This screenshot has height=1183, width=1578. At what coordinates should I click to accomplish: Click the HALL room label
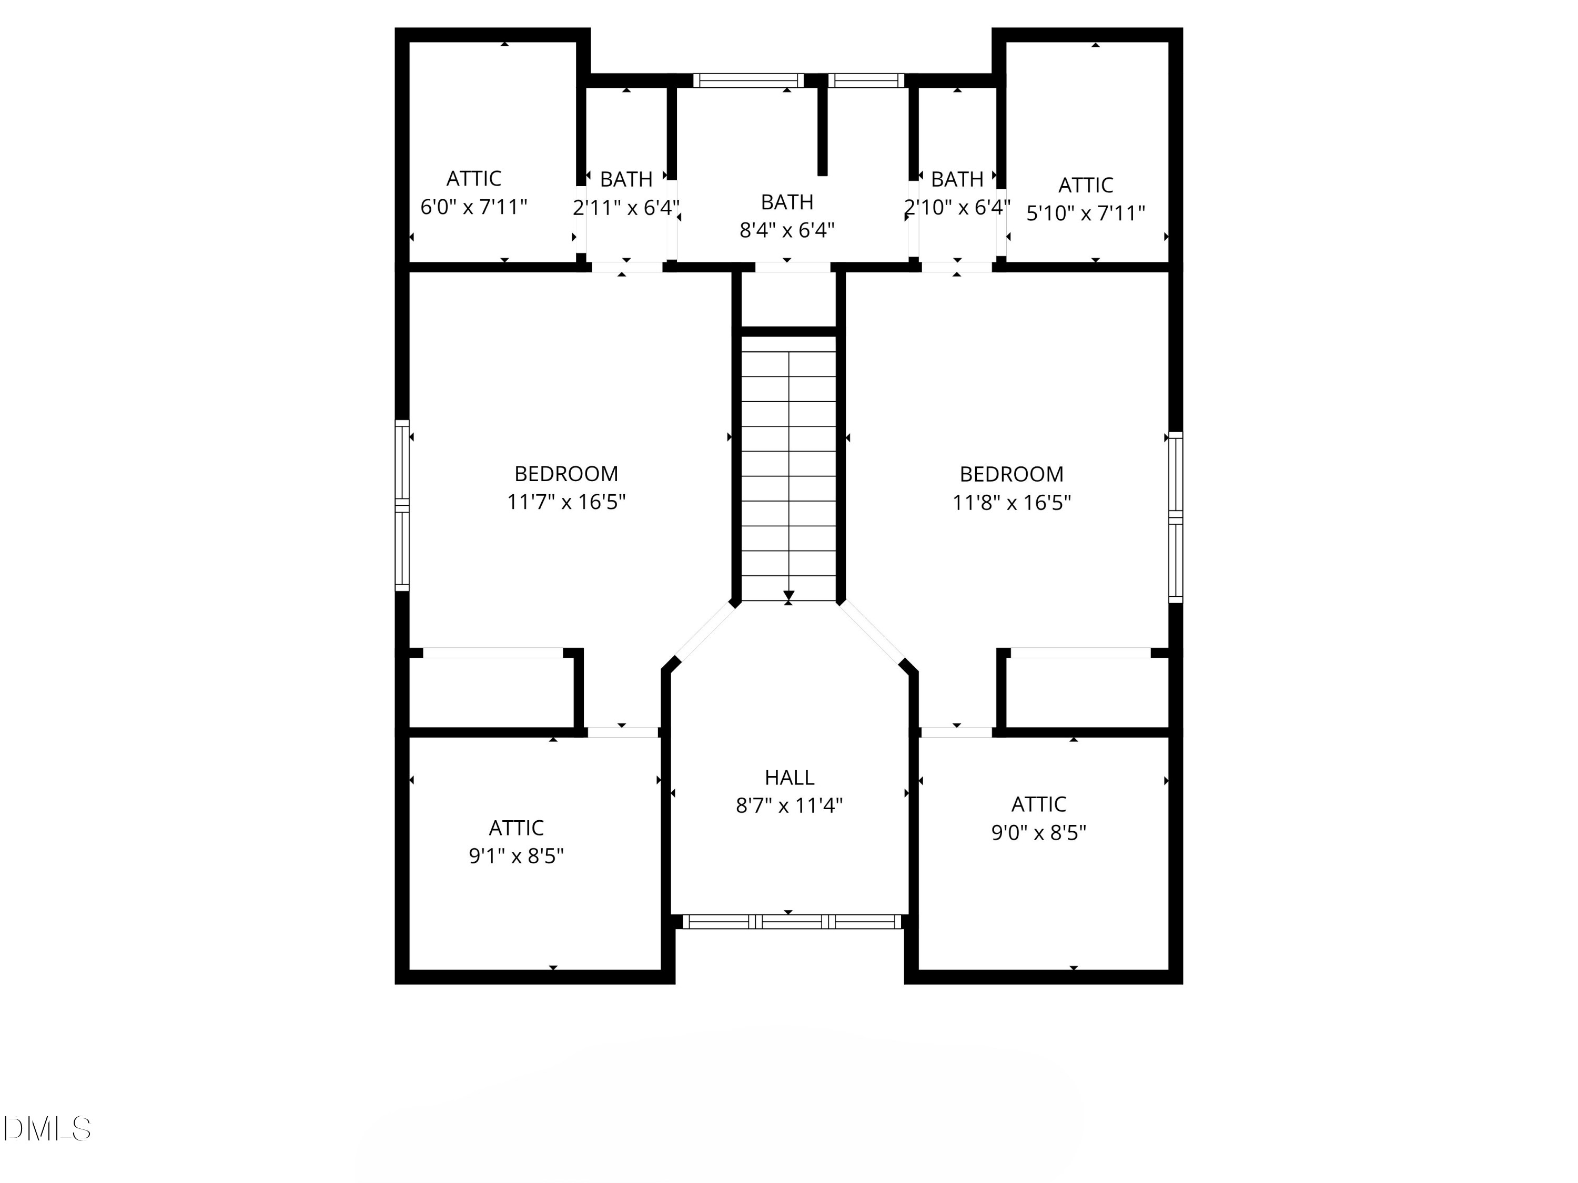[x=789, y=777]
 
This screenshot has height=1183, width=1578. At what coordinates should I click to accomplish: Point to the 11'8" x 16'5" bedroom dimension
[x=1011, y=503]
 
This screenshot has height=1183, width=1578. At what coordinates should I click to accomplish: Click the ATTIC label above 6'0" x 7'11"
[x=474, y=178]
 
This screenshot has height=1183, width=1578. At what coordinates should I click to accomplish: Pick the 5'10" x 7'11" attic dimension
[x=1085, y=213]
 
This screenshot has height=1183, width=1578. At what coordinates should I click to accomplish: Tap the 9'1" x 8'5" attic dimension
[x=516, y=855]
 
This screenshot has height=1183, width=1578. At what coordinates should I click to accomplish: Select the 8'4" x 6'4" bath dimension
[x=787, y=230]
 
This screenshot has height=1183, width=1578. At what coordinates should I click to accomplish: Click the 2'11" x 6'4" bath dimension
[x=625, y=208]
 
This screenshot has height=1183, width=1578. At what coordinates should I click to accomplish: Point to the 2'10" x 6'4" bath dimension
[x=957, y=208]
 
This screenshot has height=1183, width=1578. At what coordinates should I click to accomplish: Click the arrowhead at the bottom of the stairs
[x=788, y=595]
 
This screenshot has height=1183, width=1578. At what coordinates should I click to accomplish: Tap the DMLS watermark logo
[x=47, y=1129]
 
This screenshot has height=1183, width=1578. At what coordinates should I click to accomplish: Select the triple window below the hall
[x=792, y=921]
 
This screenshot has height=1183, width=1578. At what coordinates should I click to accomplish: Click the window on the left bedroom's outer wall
[x=402, y=505]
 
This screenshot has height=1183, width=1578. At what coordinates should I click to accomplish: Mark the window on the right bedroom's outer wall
[x=1175, y=517]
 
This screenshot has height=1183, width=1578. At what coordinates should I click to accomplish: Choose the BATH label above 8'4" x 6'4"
[x=787, y=202]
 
